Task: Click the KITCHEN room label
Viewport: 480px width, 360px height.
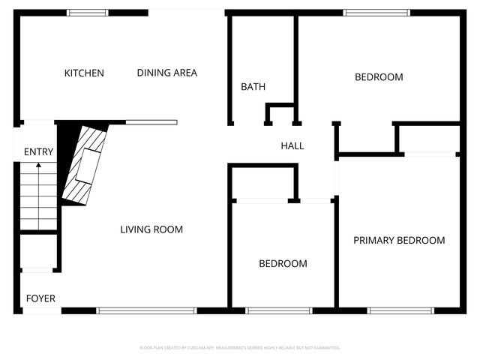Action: [84, 73]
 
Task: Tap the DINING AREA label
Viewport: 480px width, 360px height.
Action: [166, 73]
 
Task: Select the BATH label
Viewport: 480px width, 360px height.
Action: [253, 87]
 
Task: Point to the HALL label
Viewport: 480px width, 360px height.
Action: [292, 146]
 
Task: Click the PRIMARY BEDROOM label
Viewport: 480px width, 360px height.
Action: [399, 241]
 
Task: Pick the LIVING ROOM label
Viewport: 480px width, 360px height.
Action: [151, 229]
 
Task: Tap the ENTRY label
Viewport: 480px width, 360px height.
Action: [38, 152]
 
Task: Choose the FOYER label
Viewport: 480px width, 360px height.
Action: [40, 298]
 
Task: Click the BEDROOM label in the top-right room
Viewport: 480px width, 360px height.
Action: [379, 77]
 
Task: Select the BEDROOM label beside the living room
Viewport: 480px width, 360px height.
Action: [283, 264]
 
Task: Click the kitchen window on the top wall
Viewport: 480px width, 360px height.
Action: [88, 13]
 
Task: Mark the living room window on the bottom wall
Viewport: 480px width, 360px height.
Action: [147, 310]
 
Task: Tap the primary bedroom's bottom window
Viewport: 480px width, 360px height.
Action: [400, 310]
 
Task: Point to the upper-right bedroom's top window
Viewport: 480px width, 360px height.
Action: [376, 13]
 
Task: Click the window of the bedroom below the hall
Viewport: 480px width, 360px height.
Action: [279, 310]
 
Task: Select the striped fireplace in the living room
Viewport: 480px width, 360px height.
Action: [84, 165]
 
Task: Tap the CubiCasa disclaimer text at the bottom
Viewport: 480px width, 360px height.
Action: [240, 348]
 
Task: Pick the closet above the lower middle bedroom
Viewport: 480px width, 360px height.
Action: [262, 183]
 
